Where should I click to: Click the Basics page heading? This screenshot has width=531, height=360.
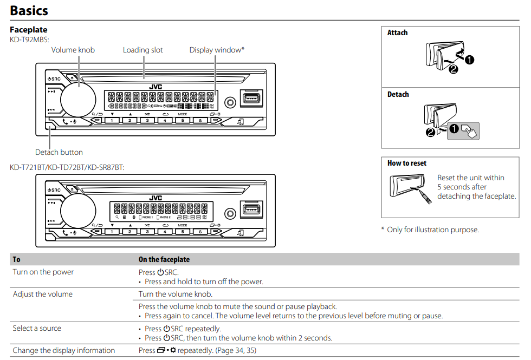[x=29, y=10]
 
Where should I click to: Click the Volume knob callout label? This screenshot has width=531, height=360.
[x=73, y=50]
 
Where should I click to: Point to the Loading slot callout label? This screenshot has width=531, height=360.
[x=143, y=50]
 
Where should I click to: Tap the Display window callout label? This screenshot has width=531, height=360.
[x=217, y=50]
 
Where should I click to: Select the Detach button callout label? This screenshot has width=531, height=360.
[x=59, y=152]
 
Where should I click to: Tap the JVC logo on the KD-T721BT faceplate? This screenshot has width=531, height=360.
[x=156, y=198]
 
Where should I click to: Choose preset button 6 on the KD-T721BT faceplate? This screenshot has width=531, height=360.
[x=200, y=231]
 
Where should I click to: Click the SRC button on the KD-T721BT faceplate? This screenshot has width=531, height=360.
[x=54, y=190]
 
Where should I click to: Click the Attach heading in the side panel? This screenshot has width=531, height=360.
[x=397, y=33]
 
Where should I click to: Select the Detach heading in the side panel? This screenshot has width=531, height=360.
[x=398, y=95]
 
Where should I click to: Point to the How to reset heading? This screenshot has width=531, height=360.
[x=406, y=163]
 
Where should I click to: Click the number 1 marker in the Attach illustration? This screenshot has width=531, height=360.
[x=470, y=60]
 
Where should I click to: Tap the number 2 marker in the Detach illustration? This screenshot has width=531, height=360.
[x=430, y=132]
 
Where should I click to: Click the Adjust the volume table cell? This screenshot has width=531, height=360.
[x=42, y=294]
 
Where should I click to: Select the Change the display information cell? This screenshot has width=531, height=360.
[x=63, y=350]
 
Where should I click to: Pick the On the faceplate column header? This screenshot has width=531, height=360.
[x=164, y=259]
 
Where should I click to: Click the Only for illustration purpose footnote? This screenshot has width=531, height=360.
[x=432, y=230]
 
